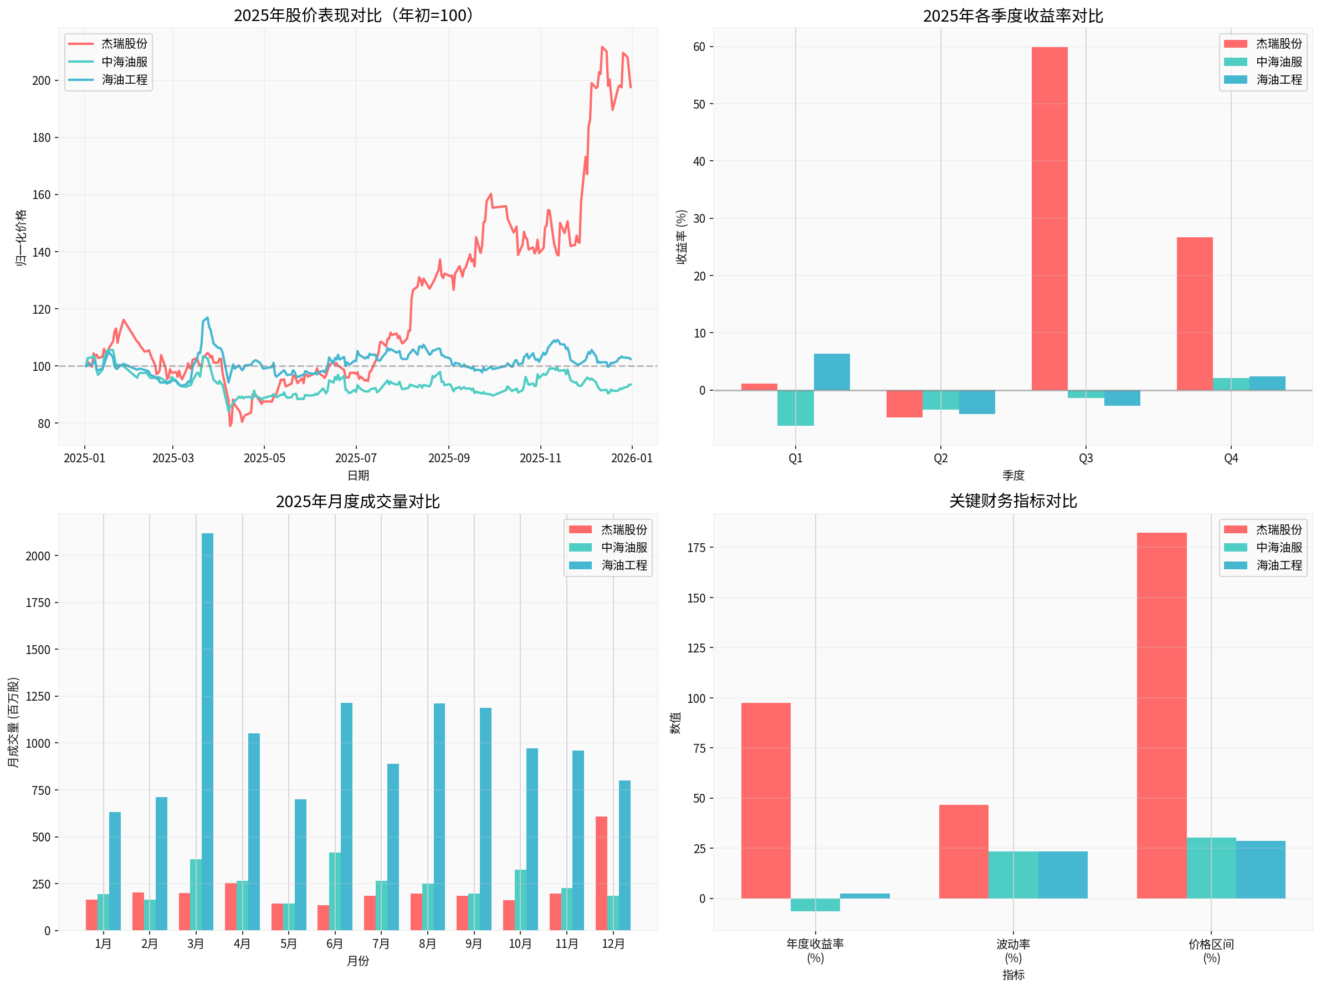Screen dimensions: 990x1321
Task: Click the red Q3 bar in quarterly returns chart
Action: [x=1049, y=218]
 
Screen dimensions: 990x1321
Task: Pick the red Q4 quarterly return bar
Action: [x=1195, y=314]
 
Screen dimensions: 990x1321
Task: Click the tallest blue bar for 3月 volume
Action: [x=207, y=732]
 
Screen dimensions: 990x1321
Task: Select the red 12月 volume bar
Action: [x=601, y=874]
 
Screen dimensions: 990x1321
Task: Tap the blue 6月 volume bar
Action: [x=346, y=817]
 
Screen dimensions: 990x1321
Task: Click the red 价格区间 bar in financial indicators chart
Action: [x=1161, y=716]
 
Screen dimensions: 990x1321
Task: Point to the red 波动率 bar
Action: [x=963, y=852]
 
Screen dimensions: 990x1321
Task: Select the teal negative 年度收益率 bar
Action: [x=815, y=905]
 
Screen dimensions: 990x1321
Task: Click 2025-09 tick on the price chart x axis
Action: [x=448, y=458]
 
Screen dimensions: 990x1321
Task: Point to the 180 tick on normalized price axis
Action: [x=41, y=138]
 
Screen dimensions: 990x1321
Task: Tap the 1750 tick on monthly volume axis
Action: [x=38, y=603]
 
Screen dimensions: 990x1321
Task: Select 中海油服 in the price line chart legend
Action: [x=124, y=62]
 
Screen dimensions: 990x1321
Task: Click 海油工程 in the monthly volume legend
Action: [x=623, y=565]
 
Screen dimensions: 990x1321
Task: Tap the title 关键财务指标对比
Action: [x=1013, y=501]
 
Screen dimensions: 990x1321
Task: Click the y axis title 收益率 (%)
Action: [x=682, y=237]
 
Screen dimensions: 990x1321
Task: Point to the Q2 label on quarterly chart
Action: [x=940, y=458]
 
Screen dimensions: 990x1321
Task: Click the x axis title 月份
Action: [x=358, y=961]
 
